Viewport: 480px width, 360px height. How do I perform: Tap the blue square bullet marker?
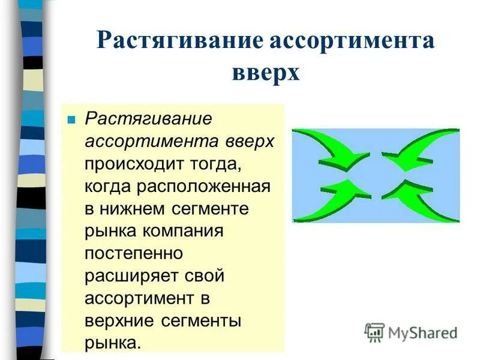[71, 119]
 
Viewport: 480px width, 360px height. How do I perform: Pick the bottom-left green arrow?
[330, 201]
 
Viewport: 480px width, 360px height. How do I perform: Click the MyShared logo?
[412, 332]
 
